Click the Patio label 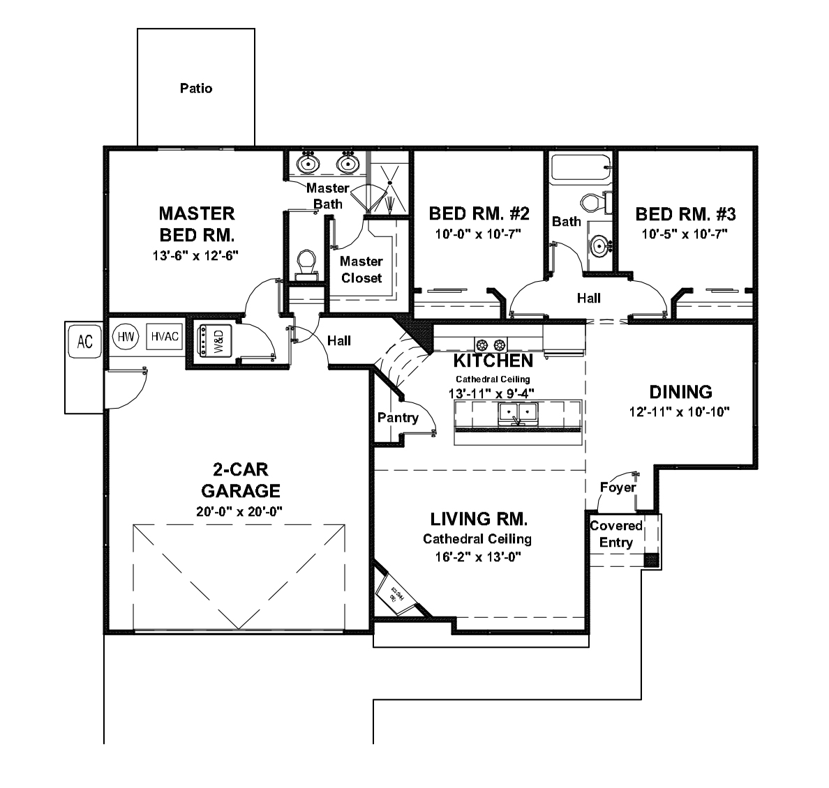click(x=196, y=89)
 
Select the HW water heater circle click(x=126, y=337)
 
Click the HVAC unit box click(x=165, y=337)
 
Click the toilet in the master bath click(x=306, y=264)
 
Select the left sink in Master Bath click(x=307, y=165)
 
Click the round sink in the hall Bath click(x=599, y=246)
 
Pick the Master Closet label click(x=361, y=270)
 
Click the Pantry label click(x=398, y=418)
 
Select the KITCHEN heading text click(x=493, y=361)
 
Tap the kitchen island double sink click(x=518, y=414)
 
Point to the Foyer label click(x=618, y=487)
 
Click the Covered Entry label click(x=616, y=534)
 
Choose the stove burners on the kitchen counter click(x=490, y=344)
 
